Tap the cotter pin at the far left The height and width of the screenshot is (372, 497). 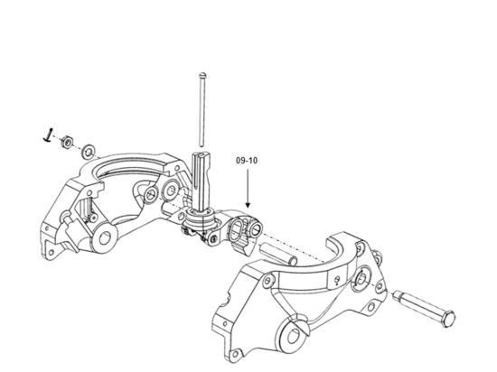[x=46, y=135]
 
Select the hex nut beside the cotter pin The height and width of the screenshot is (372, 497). [x=66, y=142]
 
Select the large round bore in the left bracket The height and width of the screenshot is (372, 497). [x=106, y=239]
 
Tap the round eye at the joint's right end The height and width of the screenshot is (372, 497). [x=257, y=221]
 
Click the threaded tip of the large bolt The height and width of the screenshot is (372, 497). [x=400, y=296]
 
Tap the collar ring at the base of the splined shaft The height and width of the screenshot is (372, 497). [x=204, y=217]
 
